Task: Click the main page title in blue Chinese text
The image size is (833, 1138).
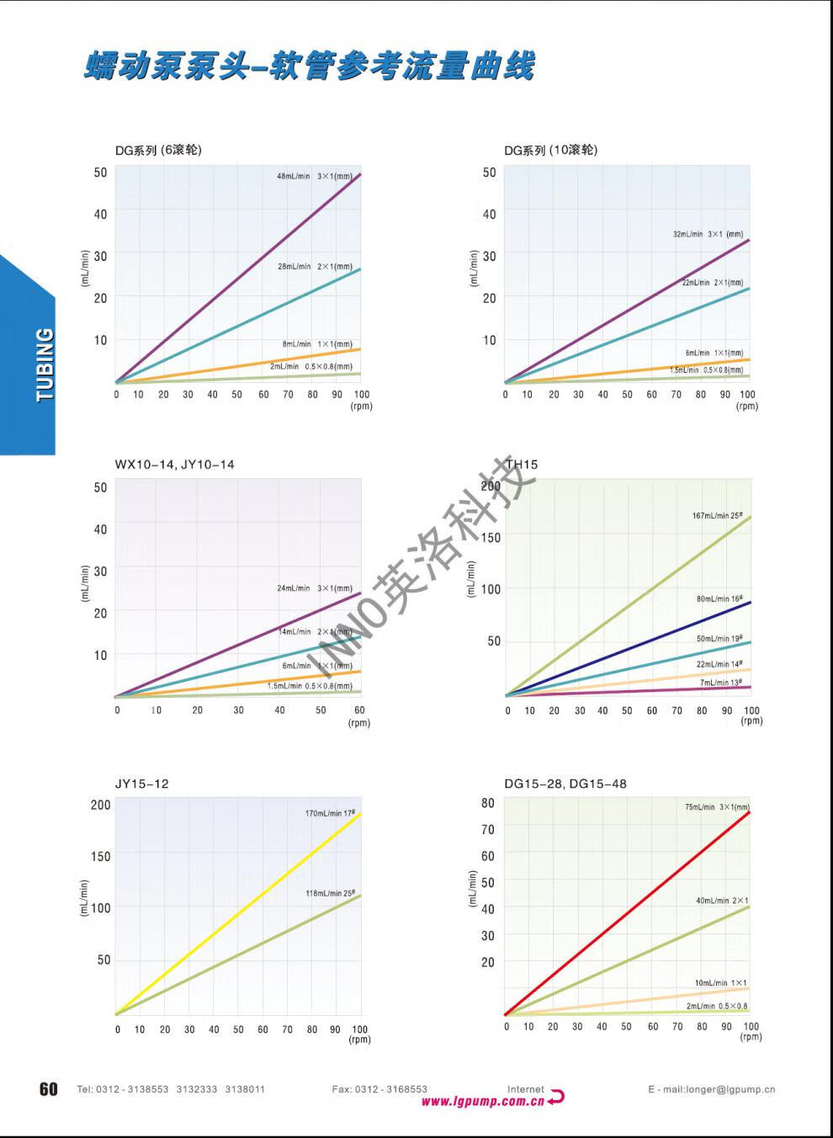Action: tap(309, 66)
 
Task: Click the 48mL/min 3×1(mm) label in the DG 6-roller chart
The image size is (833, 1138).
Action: tap(315, 177)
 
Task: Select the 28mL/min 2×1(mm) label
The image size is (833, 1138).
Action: tap(315, 267)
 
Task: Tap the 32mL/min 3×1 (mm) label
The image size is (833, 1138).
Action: tap(708, 234)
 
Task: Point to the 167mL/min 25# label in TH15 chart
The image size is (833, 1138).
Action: tap(717, 515)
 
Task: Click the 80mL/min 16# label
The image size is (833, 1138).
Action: tap(719, 599)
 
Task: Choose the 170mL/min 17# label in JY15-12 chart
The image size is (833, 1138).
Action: tap(330, 813)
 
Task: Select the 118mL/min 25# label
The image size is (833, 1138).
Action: tap(330, 893)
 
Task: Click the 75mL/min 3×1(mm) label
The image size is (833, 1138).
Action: tap(716, 807)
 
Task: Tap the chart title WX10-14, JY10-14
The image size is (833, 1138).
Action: tap(174, 465)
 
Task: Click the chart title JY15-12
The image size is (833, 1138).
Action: tap(141, 784)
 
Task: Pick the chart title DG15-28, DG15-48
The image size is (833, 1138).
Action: tap(565, 784)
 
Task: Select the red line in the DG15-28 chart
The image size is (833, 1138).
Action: tap(627, 913)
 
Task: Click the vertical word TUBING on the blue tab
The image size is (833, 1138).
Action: tap(45, 364)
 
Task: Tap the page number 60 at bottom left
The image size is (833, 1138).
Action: tap(49, 1089)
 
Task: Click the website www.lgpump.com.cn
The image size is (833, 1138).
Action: tap(482, 1101)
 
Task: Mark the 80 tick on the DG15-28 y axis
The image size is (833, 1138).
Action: tap(488, 803)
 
